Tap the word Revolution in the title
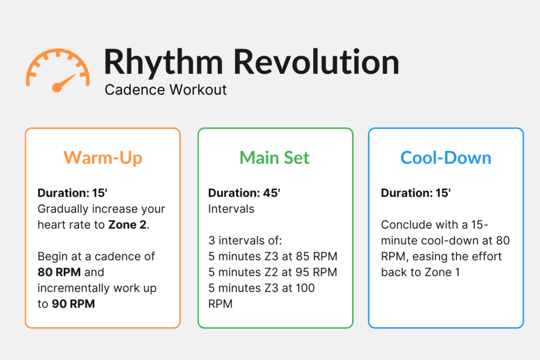[x=316, y=62]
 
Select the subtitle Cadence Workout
[x=166, y=90]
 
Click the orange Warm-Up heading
[x=103, y=158]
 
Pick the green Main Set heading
[x=275, y=158]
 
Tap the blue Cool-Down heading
[x=446, y=158]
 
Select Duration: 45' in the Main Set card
[x=244, y=193]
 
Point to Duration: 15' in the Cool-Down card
[x=416, y=193]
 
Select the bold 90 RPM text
[x=73, y=304]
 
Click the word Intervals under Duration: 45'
[x=231, y=209]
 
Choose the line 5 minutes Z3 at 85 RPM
[x=273, y=257]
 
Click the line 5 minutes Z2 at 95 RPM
[x=273, y=273]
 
